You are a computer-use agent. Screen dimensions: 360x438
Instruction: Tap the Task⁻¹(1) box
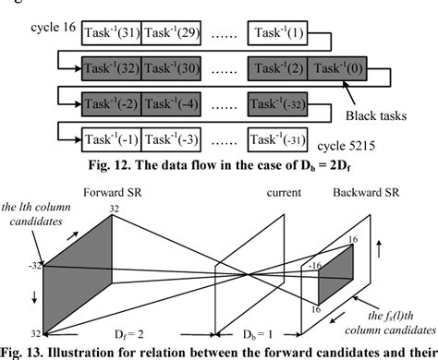(278, 35)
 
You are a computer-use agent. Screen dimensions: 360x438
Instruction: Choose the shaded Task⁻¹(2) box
(278, 67)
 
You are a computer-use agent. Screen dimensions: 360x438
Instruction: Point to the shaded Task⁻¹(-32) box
(278, 102)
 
